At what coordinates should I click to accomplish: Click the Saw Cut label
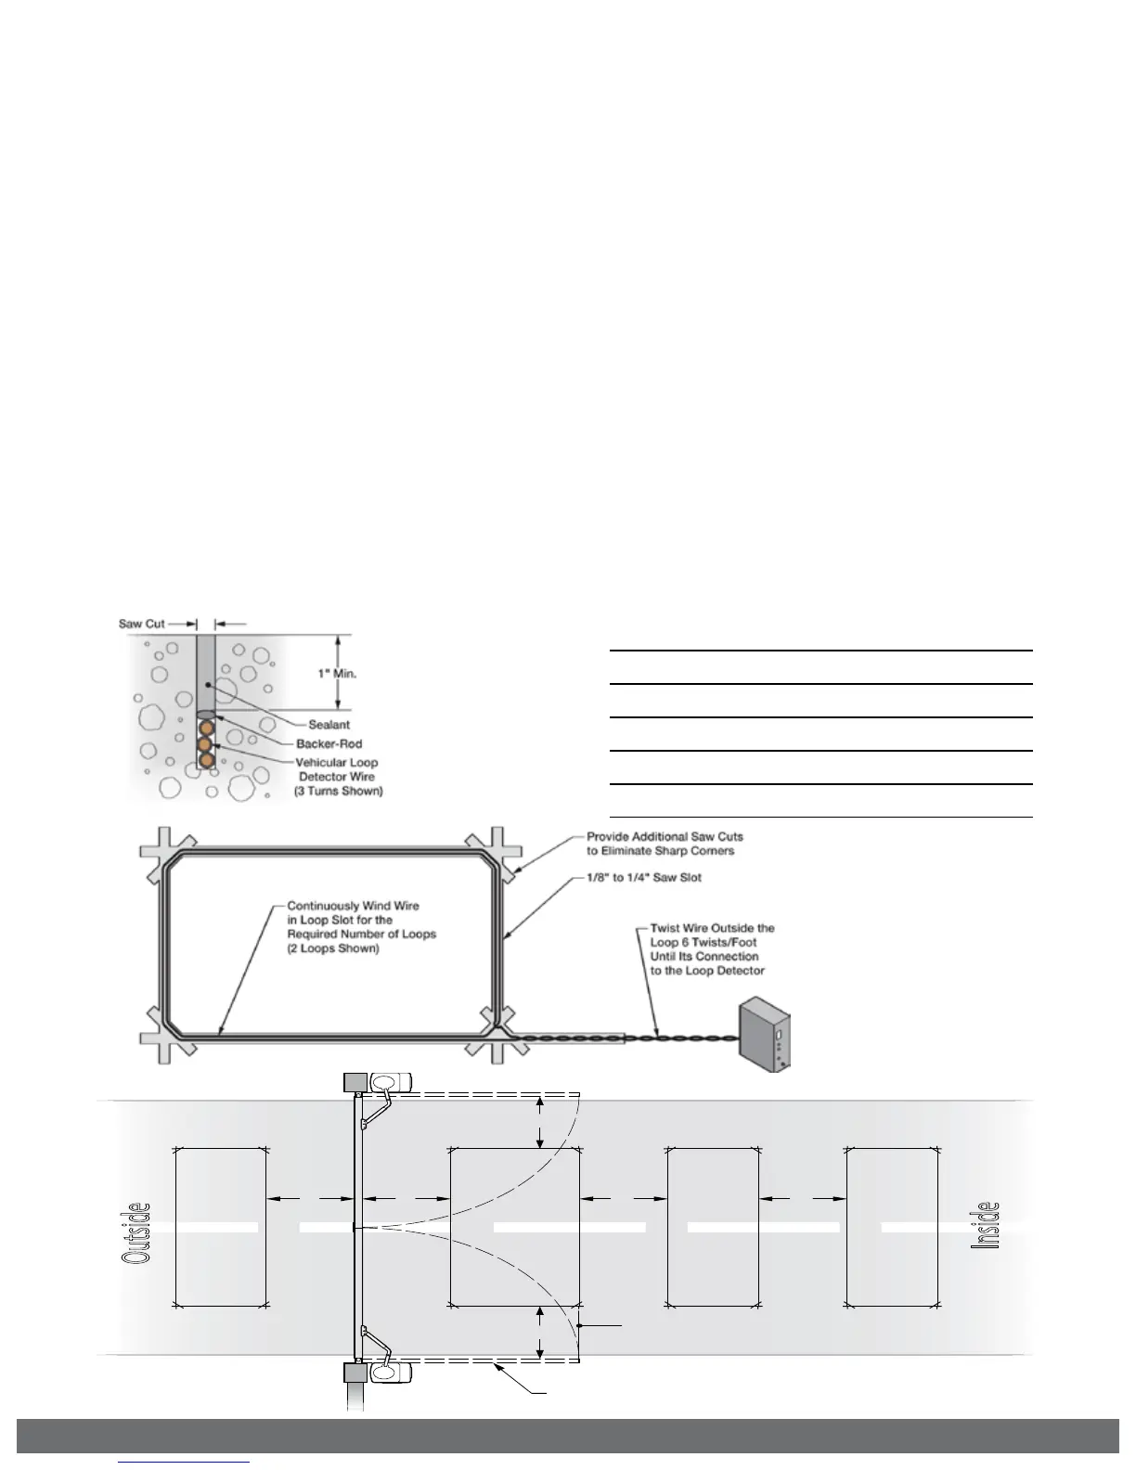tap(141, 624)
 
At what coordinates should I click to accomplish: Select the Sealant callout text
tap(329, 725)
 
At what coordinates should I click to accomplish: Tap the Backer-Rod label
tap(329, 743)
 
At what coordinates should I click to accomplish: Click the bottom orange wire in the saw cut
tap(206, 761)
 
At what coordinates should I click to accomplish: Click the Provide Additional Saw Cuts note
tap(665, 844)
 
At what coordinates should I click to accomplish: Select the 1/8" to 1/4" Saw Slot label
tap(644, 877)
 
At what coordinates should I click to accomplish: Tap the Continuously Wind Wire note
tap(361, 927)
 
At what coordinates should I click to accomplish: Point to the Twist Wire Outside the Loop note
tap(712, 948)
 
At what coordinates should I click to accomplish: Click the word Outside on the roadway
tap(136, 1231)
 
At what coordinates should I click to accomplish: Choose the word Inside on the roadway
tap(987, 1225)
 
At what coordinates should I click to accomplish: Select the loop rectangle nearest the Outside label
tap(221, 1227)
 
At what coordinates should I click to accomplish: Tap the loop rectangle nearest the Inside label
tap(892, 1227)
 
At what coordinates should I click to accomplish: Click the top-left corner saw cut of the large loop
tap(166, 853)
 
